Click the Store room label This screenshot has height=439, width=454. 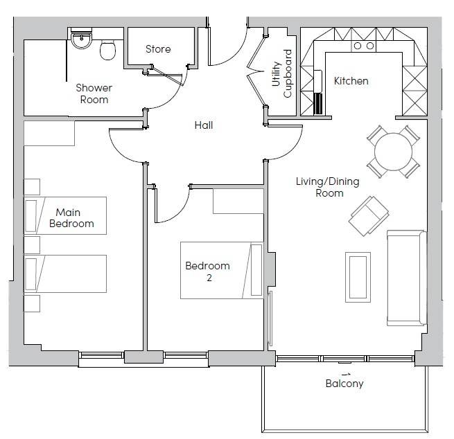[158, 49]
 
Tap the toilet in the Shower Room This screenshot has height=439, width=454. [107, 50]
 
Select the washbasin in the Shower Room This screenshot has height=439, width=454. [81, 41]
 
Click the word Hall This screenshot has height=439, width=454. [204, 125]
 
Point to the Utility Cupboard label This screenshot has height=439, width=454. [281, 74]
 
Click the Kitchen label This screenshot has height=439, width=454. [351, 81]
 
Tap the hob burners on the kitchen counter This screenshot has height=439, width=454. [364, 46]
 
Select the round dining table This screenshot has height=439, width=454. [393, 152]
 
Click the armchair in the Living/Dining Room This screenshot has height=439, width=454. [369, 216]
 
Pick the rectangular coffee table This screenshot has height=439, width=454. [358, 278]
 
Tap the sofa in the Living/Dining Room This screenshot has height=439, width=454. [407, 278]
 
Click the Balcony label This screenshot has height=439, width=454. [344, 384]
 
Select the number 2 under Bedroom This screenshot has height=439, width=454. [209, 278]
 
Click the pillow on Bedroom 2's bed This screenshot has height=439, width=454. [256, 270]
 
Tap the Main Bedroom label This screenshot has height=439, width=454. [71, 218]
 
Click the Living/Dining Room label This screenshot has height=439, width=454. [328, 187]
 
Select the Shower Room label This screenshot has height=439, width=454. [94, 93]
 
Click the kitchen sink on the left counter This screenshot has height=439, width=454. [318, 80]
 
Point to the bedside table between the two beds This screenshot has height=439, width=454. [32, 244]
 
